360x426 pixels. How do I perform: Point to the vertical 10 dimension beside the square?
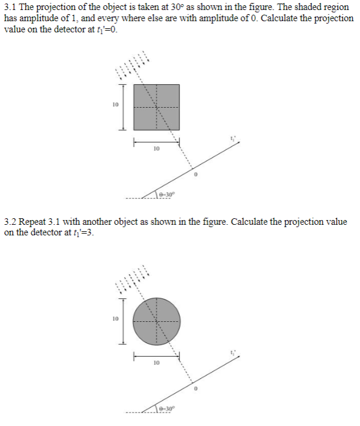(115, 105)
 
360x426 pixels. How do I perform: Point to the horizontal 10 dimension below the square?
(156, 149)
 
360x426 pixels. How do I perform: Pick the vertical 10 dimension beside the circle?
(115, 319)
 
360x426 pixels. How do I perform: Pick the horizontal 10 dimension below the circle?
(156, 363)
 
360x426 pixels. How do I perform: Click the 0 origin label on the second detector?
(196, 390)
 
